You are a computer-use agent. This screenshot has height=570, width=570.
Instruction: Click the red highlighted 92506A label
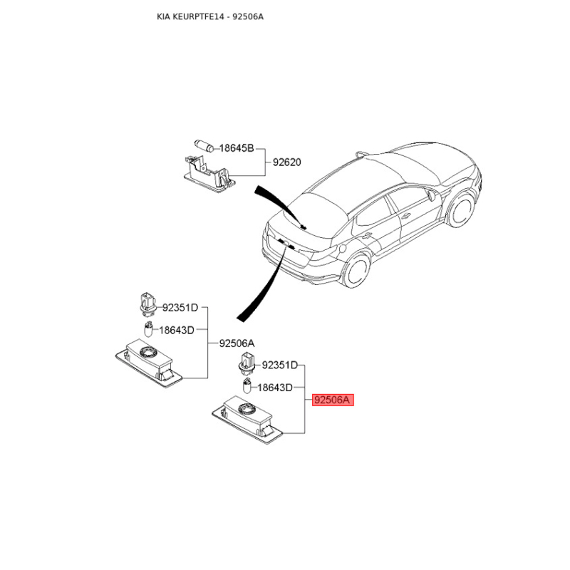click(333, 400)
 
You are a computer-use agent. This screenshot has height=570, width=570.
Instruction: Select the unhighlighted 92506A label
click(237, 343)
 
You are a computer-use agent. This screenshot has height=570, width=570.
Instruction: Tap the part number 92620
click(287, 162)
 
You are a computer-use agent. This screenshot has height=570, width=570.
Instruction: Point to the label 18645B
click(237, 148)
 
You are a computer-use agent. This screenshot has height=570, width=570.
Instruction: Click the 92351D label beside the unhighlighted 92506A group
click(180, 308)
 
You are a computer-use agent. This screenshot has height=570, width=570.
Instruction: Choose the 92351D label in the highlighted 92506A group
click(280, 365)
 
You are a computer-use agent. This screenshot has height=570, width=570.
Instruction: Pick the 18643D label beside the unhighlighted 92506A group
click(177, 330)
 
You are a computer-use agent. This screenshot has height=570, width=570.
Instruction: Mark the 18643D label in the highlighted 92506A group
click(275, 388)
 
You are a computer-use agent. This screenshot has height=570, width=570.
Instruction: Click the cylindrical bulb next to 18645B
click(204, 145)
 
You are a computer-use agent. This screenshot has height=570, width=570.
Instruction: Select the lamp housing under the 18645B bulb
click(209, 174)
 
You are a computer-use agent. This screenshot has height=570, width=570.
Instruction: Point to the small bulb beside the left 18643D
click(148, 329)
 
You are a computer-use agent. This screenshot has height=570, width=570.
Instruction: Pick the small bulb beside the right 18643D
click(247, 386)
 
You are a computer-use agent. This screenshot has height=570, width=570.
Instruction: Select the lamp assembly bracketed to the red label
click(247, 420)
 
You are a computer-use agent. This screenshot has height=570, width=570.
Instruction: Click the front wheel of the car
click(462, 209)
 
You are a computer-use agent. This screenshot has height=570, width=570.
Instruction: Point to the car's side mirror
click(432, 195)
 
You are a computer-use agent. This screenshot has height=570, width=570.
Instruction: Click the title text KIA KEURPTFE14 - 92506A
click(210, 16)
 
